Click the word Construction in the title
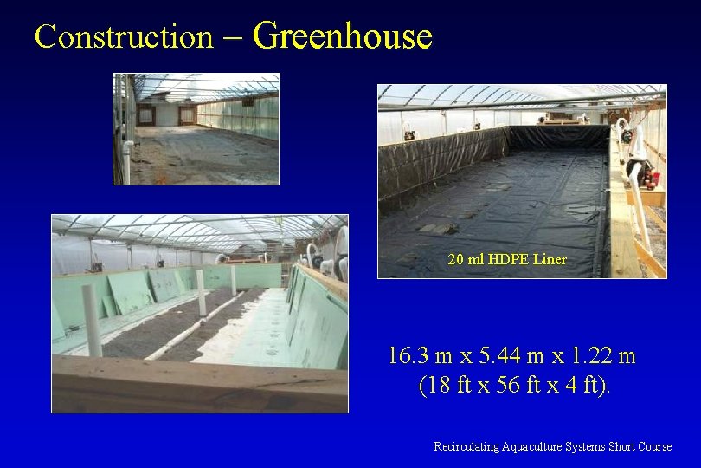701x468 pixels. pyautogui.click(x=123, y=37)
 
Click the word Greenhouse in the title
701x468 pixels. pyautogui.click(x=343, y=36)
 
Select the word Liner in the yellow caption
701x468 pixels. pyautogui.click(x=550, y=259)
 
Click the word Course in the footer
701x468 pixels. pyautogui.click(x=654, y=447)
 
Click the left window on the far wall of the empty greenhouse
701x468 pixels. pyautogui.click(x=145, y=114)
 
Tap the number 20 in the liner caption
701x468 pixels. pyautogui.click(x=456, y=259)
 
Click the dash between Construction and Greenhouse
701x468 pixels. pyautogui.click(x=234, y=37)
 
